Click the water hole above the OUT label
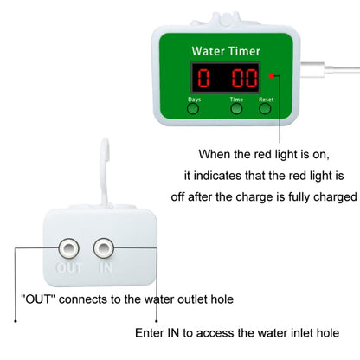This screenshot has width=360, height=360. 65,249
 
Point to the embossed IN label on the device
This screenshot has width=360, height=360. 106,269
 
